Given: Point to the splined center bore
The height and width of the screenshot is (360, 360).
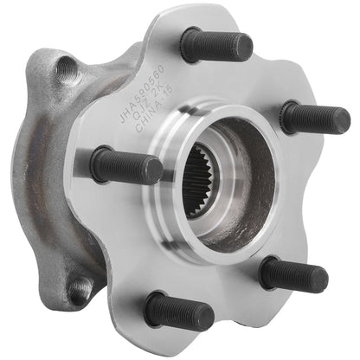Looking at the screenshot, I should [208, 177].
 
